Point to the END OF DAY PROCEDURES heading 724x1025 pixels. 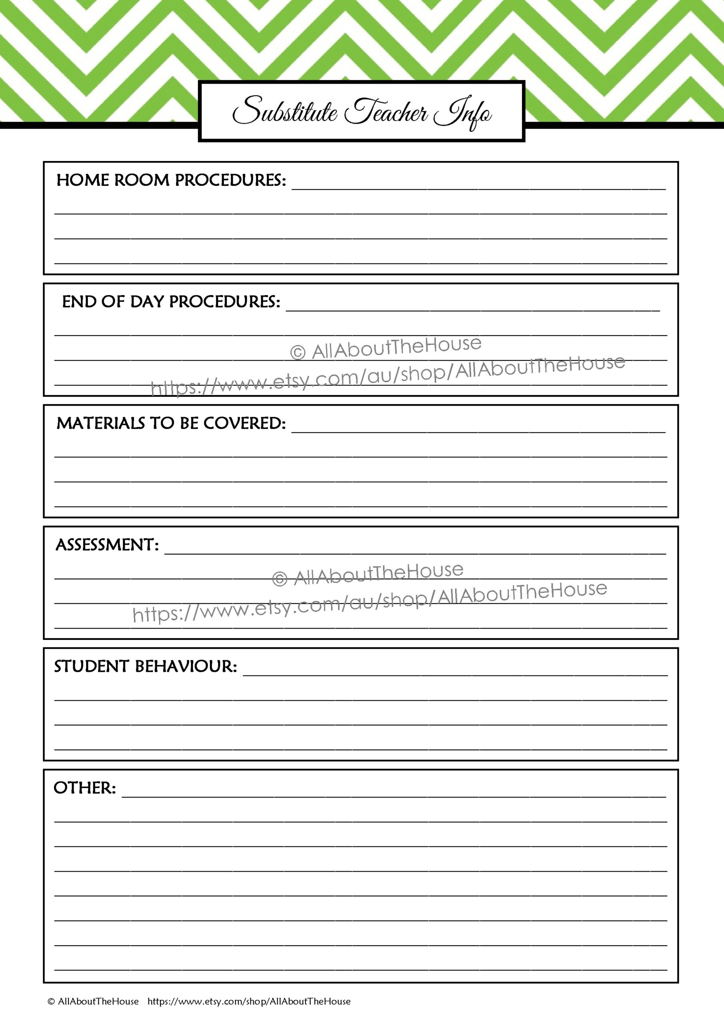pos(171,302)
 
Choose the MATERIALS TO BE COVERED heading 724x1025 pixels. pos(171,424)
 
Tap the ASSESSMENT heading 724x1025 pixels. pos(107,545)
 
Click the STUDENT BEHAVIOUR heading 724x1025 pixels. pos(146,667)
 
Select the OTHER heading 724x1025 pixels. pos(84,788)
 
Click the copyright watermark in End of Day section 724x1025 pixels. pos(386,348)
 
